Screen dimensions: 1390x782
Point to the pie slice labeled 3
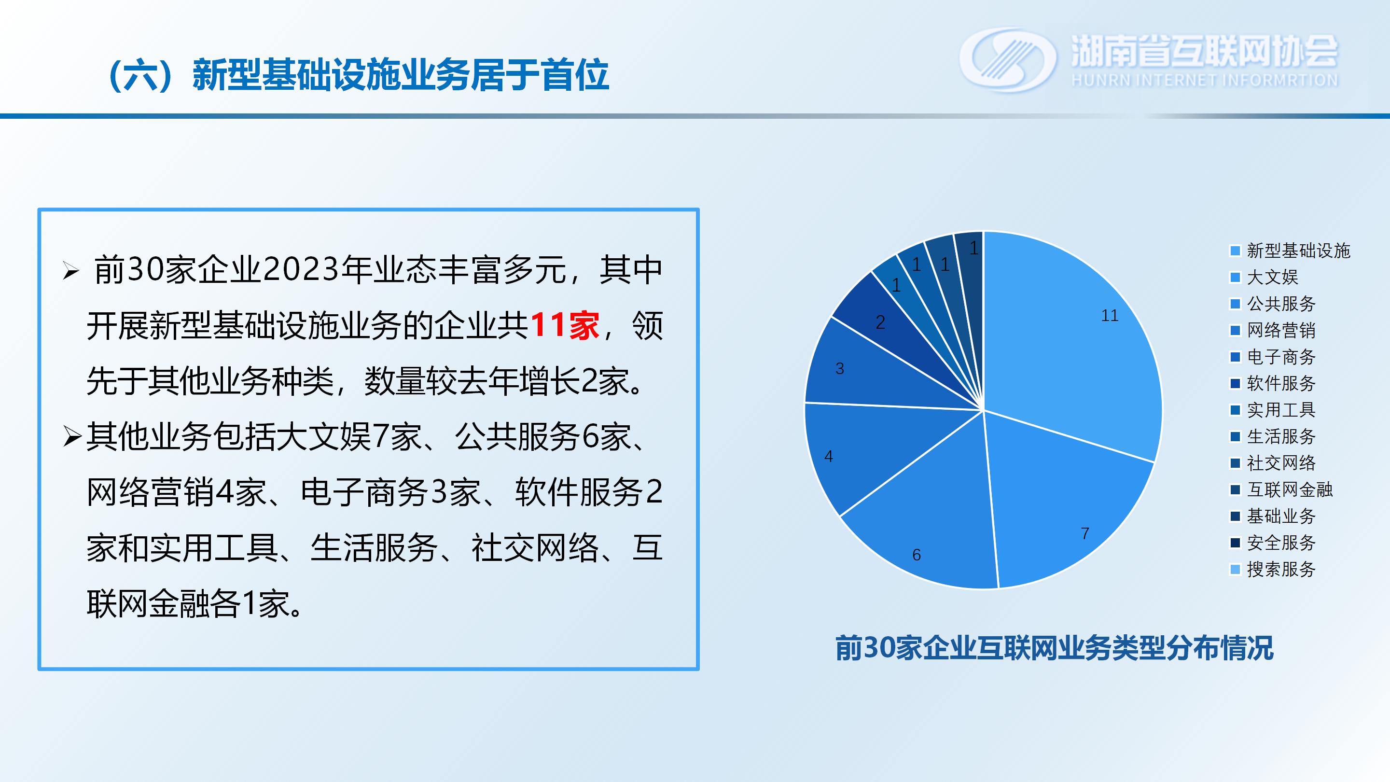pos(863,372)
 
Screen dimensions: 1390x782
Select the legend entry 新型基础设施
pos(1290,251)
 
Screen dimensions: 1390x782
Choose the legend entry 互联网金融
pos(1281,489)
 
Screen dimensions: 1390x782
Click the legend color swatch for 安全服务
pos(1235,543)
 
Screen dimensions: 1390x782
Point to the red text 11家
pos(565,325)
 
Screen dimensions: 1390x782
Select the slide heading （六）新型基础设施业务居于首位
pos(358,75)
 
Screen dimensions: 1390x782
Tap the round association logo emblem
pos(1008,60)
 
